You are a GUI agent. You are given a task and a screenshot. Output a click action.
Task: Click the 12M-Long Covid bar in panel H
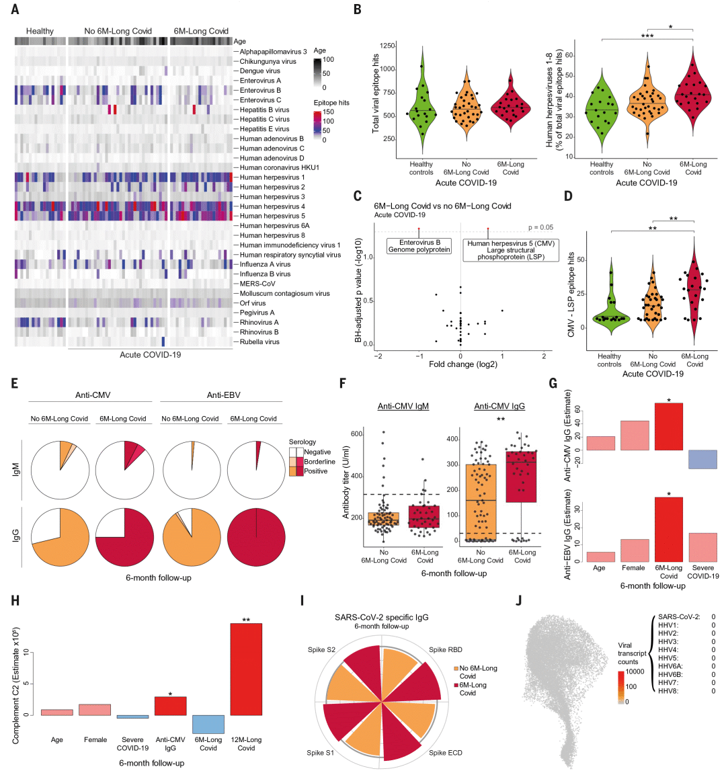click(x=246, y=669)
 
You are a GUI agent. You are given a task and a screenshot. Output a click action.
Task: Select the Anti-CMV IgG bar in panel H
click(x=170, y=706)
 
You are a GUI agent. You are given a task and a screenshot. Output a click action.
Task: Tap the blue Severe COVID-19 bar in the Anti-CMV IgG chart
click(x=702, y=459)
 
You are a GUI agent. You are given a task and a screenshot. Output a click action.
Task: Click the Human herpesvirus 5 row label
click(x=272, y=216)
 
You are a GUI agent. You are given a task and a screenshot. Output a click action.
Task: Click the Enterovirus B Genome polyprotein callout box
click(x=419, y=246)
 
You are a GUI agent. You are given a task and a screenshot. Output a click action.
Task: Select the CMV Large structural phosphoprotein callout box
click(x=511, y=250)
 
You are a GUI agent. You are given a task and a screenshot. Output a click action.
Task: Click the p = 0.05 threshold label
click(x=540, y=227)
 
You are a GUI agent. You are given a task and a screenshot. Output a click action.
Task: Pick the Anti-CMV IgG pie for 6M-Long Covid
click(x=124, y=537)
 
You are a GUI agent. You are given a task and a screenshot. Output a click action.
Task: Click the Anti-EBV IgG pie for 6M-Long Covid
click(x=256, y=537)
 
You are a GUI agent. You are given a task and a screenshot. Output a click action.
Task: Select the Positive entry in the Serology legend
click(x=315, y=471)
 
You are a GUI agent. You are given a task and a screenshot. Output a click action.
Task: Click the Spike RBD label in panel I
click(x=445, y=650)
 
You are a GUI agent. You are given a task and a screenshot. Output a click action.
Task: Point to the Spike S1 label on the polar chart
click(x=320, y=753)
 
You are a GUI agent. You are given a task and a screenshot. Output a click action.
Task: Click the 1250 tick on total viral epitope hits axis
click(x=387, y=46)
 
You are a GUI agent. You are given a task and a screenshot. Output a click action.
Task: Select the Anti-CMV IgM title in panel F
click(x=403, y=406)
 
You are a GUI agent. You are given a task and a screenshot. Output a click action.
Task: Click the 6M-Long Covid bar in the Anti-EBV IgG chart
click(x=668, y=530)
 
